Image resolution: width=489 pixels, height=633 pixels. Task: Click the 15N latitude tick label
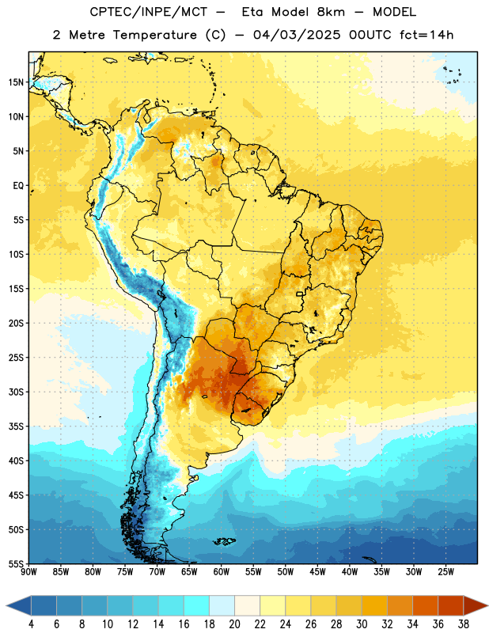click(x=16, y=82)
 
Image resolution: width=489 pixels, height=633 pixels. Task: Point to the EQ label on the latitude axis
click(x=18, y=186)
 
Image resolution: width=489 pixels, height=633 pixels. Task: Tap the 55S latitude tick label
click(x=16, y=563)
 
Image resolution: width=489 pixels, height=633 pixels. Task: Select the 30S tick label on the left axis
click(x=16, y=392)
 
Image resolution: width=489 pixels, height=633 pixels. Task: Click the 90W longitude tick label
click(x=28, y=571)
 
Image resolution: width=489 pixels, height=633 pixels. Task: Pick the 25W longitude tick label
click(x=445, y=571)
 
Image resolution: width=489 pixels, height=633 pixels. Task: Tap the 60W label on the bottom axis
click(x=222, y=571)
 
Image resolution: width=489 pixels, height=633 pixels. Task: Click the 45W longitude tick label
click(x=317, y=571)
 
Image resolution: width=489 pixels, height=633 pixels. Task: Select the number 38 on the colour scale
click(x=464, y=624)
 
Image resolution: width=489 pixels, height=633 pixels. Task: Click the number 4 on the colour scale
click(x=31, y=624)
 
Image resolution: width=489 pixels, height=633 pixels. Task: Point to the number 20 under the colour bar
click(x=234, y=624)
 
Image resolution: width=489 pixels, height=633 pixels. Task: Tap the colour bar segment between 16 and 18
click(x=196, y=606)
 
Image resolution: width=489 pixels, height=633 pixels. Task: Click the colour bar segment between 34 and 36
click(x=425, y=606)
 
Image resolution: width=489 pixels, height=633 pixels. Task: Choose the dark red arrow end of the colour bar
click(x=474, y=606)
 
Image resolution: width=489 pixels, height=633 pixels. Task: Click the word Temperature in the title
click(x=154, y=35)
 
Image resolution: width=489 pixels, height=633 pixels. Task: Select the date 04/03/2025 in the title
click(x=297, y=35)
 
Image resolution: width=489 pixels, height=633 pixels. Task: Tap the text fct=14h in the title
click(x=426, y=35)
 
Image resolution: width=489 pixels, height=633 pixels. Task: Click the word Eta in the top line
click(x=252, y=12)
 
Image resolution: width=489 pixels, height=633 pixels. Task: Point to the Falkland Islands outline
click(x=224, y=541)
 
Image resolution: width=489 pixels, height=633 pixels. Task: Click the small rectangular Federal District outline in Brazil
click(x=300, y=294)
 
